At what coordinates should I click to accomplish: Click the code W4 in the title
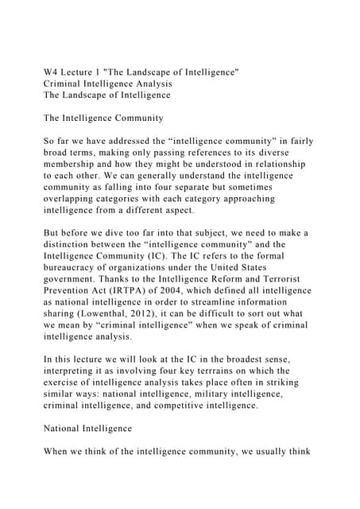(52, 72)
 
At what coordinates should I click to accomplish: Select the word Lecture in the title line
(85, 72)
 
